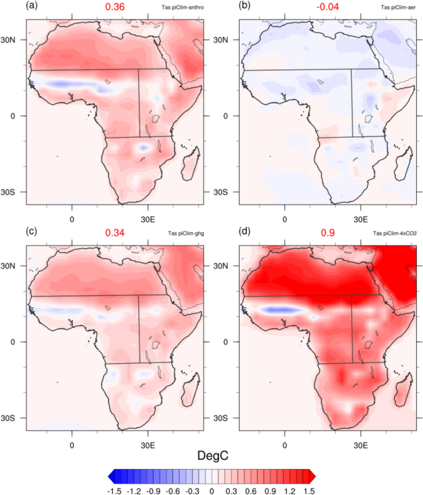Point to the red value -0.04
tap(326, 9)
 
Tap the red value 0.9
tap(326, 235)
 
